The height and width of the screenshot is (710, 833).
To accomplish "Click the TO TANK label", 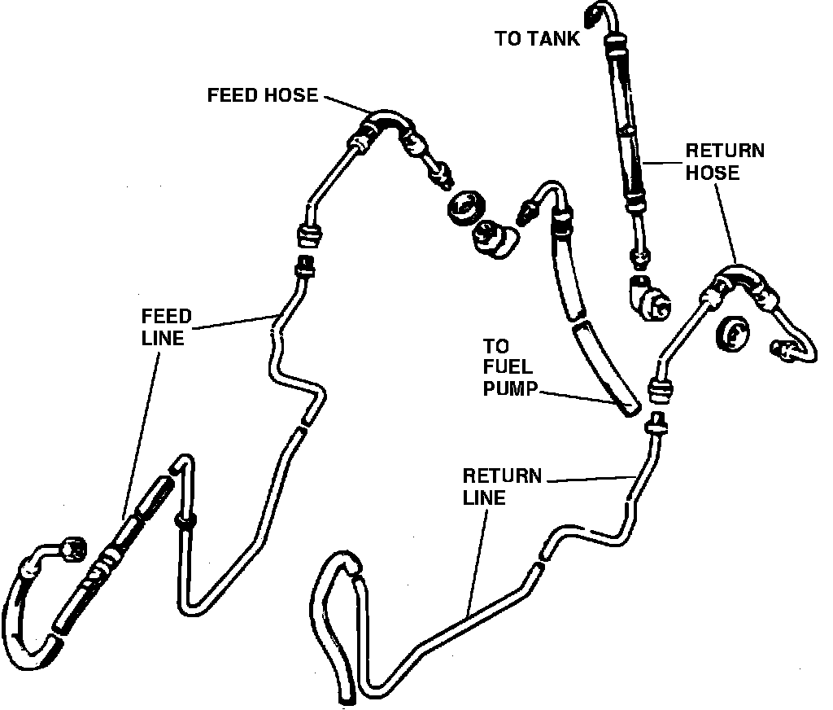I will (x=538, y=39).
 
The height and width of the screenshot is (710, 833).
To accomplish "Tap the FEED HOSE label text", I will (x=262, y=95).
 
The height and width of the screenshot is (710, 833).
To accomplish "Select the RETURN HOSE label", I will (x=724, y=161).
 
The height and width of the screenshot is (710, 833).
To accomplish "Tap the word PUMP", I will (x=510, y=388).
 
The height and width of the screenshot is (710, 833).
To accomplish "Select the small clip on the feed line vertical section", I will (x=184, y=521).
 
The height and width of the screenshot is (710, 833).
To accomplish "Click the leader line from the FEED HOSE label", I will (x=346, y=103).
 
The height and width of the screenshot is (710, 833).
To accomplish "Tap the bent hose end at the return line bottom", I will (x=336, y=570).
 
